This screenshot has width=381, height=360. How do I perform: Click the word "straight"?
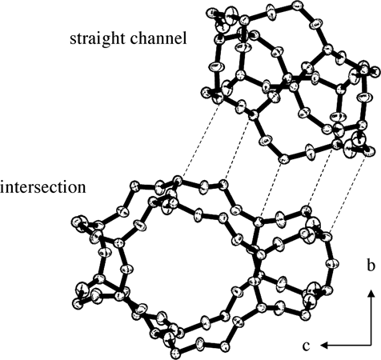98,39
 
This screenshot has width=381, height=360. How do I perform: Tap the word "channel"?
158,38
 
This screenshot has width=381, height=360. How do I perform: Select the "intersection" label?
43,186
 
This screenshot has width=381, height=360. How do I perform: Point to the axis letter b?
371,265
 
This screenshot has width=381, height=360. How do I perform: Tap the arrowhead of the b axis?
371,294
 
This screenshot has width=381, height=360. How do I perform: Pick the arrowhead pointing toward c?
324,346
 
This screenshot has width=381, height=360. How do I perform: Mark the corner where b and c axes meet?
371,346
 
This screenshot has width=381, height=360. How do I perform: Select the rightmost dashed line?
348,193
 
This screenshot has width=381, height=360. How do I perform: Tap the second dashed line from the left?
238,149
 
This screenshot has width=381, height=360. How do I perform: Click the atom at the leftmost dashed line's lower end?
178,180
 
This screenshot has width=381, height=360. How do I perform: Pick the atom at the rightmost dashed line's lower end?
327,237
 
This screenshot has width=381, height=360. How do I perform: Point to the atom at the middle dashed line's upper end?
283,159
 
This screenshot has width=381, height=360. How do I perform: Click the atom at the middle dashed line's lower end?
258,222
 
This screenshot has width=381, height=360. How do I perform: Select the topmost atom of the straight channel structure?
297,5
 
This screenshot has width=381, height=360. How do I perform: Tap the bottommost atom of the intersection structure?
175,354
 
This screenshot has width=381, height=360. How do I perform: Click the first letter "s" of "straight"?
73,40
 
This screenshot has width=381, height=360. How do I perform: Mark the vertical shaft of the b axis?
371,320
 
